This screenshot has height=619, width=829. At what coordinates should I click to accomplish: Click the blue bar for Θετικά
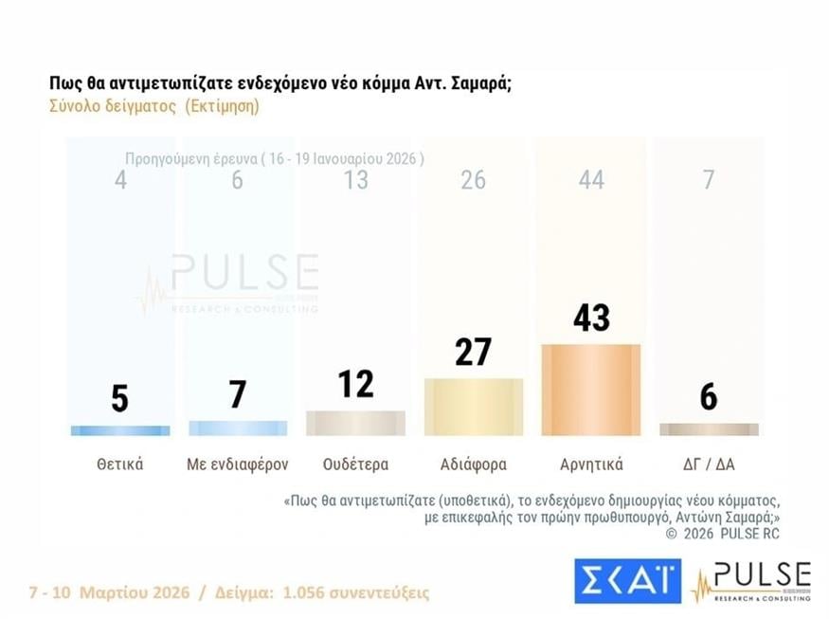pos(120,430)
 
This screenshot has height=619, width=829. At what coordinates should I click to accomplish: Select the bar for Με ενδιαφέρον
pos(238,428)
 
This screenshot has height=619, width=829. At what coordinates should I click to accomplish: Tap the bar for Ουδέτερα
pos(355,423)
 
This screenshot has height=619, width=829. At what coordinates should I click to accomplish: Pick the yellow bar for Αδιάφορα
pos(473,407)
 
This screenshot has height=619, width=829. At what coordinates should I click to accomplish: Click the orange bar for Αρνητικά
pos(590,390)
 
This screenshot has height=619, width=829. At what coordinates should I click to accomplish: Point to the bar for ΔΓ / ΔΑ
pos(709,429)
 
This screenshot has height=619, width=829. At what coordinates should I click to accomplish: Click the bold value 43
pos(590,318)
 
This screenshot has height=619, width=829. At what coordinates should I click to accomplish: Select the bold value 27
pos(473,352)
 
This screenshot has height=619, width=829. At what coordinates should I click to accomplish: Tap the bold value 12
pos(355,384)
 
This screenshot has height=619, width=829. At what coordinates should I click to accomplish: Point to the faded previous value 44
pos(590,180)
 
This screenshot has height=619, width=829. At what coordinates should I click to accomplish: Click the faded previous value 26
pos(473,180)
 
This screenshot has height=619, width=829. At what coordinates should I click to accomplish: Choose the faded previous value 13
pos(355,180)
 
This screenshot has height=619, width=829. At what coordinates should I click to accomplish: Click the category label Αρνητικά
pos(590,464)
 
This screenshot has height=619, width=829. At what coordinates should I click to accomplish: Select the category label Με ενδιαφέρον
pos(238,464)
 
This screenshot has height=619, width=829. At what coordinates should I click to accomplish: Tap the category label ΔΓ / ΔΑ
pos(709,464)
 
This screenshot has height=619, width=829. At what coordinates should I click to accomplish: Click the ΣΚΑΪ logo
pos(627,581)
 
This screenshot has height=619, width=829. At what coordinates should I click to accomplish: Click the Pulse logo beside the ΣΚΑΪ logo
pos(751,581)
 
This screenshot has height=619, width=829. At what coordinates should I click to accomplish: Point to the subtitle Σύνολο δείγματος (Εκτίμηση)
pos(153,106)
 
